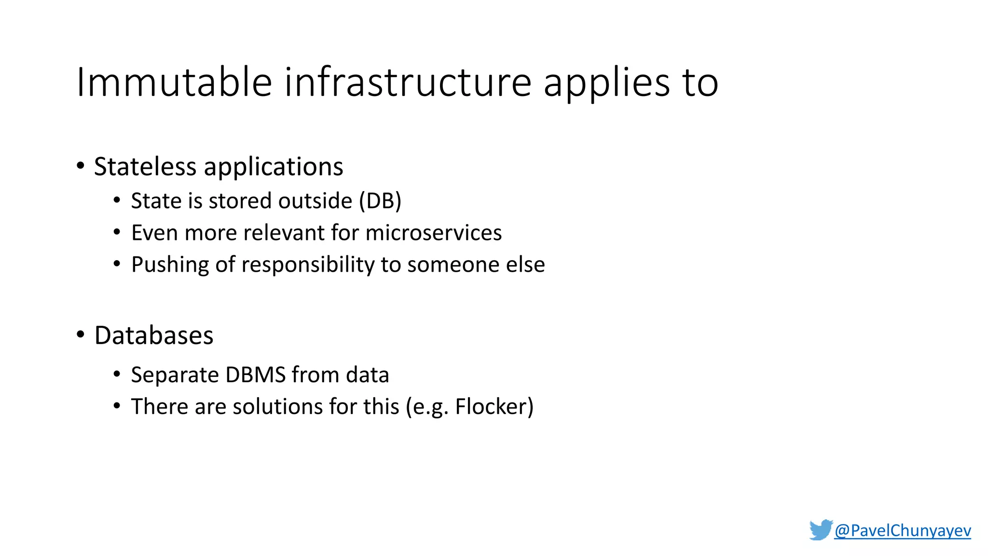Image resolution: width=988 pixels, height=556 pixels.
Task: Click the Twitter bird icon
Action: pyautogui.click(x=821, y=530)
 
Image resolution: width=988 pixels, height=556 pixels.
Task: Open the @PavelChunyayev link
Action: pyautogui.click(x=902, y=530)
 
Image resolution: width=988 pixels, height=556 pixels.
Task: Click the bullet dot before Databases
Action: pyautogui.click(x=81, y=334)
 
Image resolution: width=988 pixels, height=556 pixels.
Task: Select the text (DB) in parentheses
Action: pyautogui.click(x=380, y=201)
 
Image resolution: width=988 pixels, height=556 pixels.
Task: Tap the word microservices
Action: pyautogui.click(x=433, y=233)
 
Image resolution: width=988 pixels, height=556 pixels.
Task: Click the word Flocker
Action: pyautogui.click(x=490, y=406)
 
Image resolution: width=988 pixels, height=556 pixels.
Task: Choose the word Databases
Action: pyautogui.click(x=154, y=335)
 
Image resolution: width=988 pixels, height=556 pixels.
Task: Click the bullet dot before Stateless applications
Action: pyautogui.click(x=81, y=166)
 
